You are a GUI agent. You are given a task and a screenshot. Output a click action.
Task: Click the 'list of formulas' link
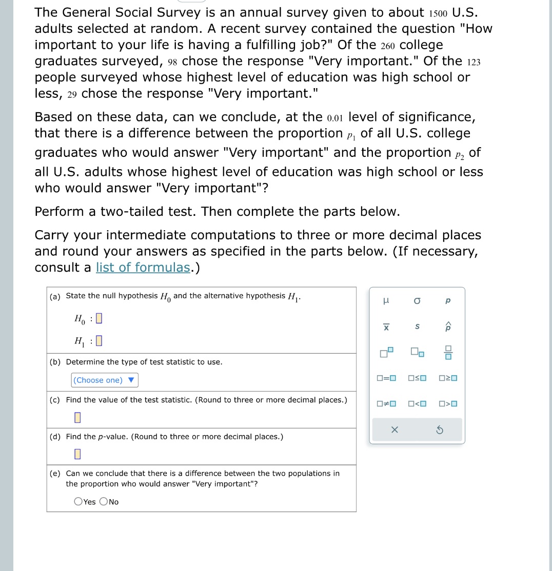(143, 268)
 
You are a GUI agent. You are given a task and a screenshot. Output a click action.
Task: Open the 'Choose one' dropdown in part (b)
(105, 380)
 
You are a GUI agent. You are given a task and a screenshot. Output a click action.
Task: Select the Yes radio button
(78, 502)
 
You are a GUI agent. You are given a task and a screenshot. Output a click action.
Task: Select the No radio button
(104, 502)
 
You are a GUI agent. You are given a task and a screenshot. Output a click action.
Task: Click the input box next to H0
(100, 318)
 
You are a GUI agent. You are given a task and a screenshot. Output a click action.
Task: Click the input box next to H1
(100, 340)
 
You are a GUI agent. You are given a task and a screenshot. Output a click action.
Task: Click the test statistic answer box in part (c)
(77, 418)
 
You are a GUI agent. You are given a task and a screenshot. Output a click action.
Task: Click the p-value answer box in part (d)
(77, 454)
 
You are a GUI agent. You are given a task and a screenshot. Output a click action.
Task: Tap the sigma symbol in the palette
(417, 301)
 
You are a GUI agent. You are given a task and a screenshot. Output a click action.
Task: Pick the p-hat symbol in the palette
(448, 326)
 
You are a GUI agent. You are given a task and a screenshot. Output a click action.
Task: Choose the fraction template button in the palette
(448, 353)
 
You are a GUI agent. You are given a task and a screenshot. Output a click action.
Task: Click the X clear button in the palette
(395, 431)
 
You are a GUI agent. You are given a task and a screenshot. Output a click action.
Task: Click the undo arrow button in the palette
(439, 431)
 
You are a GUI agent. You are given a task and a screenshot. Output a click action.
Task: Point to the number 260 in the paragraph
(388, 45)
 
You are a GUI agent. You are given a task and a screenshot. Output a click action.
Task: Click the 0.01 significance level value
(334, 117)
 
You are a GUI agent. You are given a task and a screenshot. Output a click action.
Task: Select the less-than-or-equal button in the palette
(417, 379)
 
